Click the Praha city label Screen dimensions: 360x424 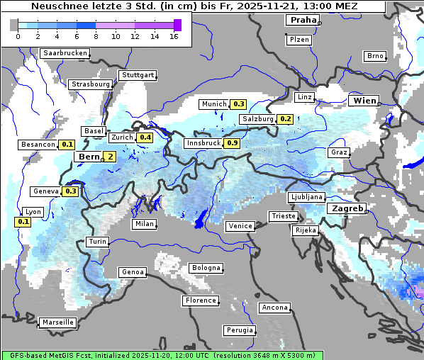coord(302,20)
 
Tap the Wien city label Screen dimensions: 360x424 coord(365,101)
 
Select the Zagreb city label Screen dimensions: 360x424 coord(346,208)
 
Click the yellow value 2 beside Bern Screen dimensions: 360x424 coord(111,157)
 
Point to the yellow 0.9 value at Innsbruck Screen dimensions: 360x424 coord(232,143)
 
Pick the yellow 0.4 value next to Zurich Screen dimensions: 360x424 coord(145,137)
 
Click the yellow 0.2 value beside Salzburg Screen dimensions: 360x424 coord(284,119)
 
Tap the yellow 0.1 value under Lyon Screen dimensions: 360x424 coord(23,222)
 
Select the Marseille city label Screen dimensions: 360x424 coord(57,322)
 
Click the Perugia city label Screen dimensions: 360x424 coord(239,330)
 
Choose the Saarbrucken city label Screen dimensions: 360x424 coord(65,53)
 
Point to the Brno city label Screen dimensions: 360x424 coord(374,56)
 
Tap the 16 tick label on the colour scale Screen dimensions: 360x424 coord(174,37)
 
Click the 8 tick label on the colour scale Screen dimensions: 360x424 coord(96,37)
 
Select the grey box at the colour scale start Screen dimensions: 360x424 coord(14,25)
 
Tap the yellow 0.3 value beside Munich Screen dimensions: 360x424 coord(239,104)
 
